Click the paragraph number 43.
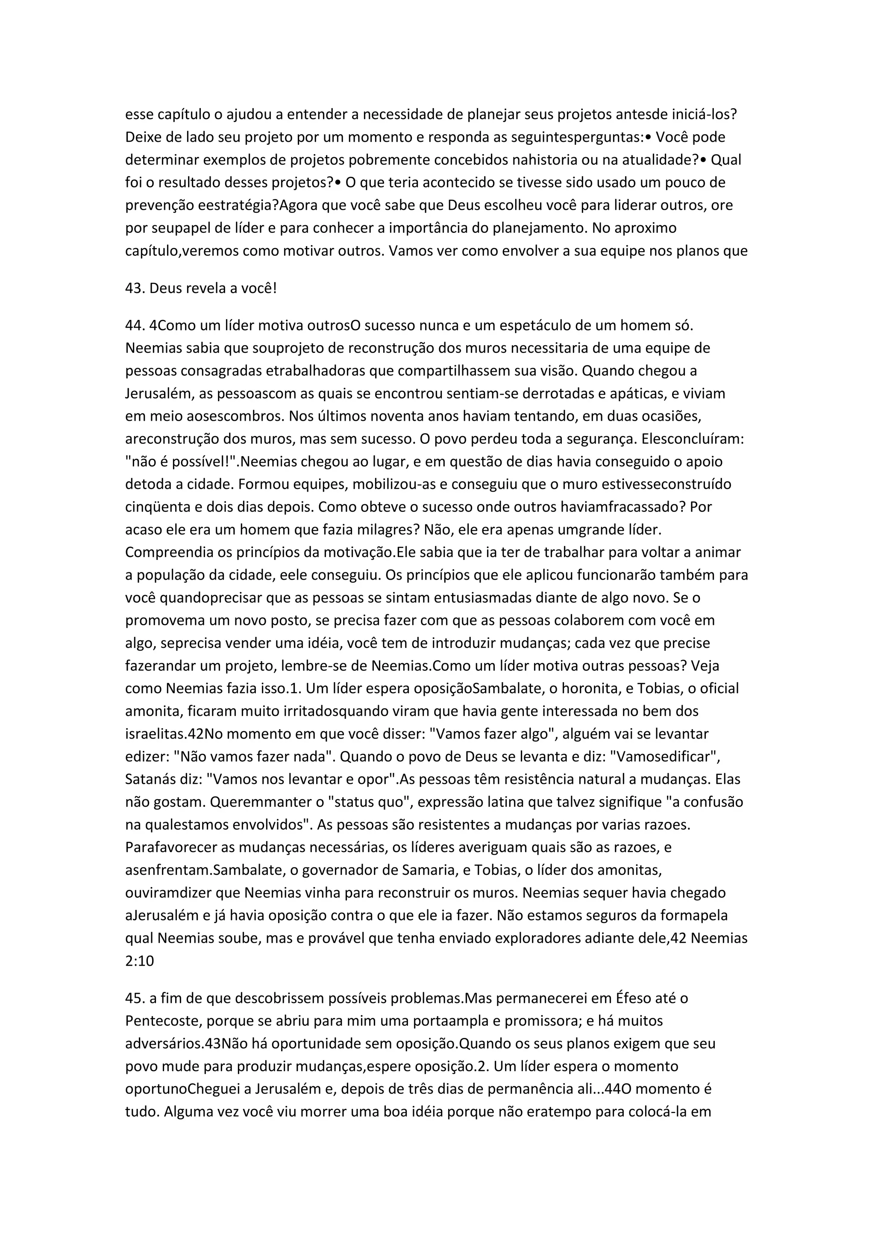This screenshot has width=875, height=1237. click(x=135, y=288)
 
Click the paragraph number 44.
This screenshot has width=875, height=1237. click(x=135, y=326)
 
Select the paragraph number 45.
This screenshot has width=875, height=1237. click(x=135, y=998)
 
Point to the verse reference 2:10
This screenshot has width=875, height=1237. click(x=140, y=961)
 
